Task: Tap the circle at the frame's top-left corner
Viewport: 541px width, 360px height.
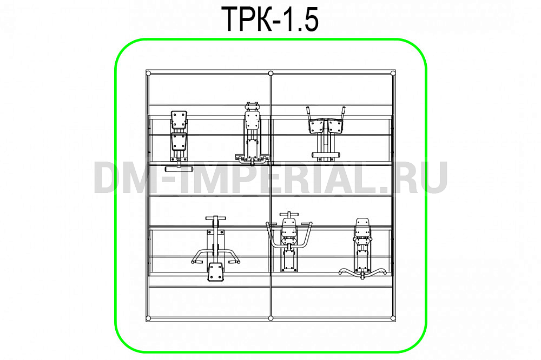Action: pyautogui.click(x=148, y=73)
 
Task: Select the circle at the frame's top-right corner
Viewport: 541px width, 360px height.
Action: pyautogui.click(x=393, y=73)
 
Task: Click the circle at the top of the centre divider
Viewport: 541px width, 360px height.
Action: pyautogui.click(x=270, y=73)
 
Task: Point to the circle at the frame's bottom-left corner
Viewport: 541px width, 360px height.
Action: pyautogui.click(x=148, y=318)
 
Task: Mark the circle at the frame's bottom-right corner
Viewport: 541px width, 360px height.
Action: pyautogui.click(x=393, y=318)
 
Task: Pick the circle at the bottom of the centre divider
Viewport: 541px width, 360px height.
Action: pyautogui.click(x=270, y=318)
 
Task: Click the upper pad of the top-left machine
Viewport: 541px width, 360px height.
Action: pyautogui.click(x=179, y=119)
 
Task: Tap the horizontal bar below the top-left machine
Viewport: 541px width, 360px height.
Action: pyautogui.click(x=179, y=169)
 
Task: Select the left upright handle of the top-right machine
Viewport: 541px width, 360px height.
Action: pyautogui.click(x=308, y=114)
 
